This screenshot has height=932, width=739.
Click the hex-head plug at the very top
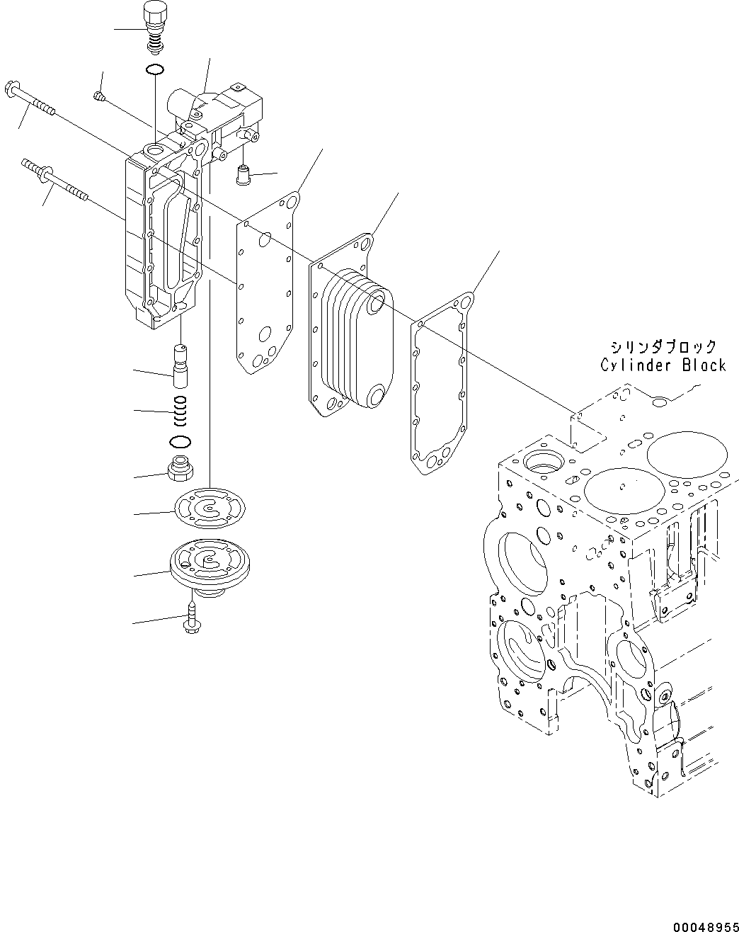(154, 16)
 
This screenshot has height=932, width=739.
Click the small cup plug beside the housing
(245, 173)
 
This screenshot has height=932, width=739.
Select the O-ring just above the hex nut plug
(181, 442)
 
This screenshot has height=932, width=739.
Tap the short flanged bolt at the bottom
(192, 620)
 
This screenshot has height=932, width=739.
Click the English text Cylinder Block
(663, 365)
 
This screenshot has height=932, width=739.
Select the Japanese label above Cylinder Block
(664, 347)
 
